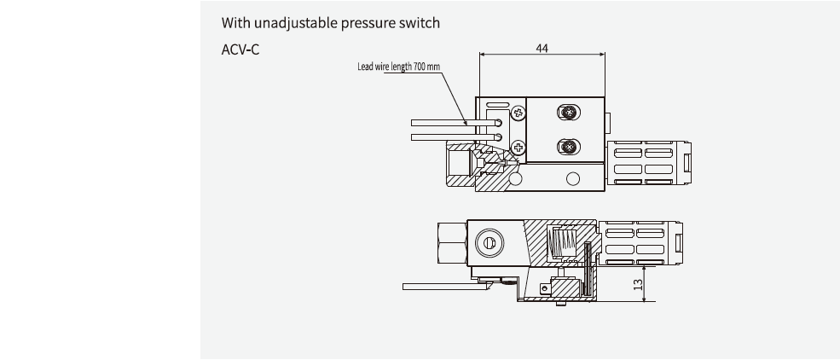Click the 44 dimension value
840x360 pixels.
pyautogui.click(x=542, y=48)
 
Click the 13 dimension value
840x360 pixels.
pyautogui.click(x=638, y=284)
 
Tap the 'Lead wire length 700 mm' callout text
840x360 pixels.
pyautogui.click(x=398, y=67)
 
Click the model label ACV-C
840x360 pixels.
pyautogui.click(x=240, y=49)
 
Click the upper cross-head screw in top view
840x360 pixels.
pyautogui.click(x=518, y=112)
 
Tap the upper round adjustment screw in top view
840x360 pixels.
pyautogui.click(x=568, y=112)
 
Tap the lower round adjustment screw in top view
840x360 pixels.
pyautogui.click(x=568, y=148)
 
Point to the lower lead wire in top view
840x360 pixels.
pyautogui.click(x=439, y=136)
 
